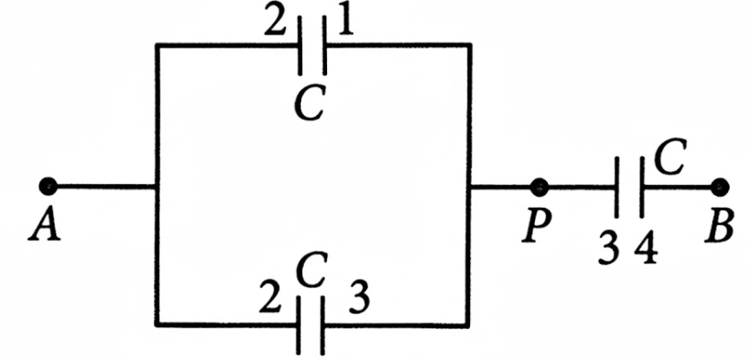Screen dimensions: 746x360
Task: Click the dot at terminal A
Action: (48, 186)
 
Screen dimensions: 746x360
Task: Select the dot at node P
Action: (539, 188)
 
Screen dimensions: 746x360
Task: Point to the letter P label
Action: (537, 226)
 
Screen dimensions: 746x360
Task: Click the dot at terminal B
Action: (720, 187)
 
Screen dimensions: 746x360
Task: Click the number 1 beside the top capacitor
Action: (346, 23)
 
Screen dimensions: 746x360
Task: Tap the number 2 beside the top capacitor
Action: (275, 23)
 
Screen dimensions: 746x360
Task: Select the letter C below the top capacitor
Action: (310, 104)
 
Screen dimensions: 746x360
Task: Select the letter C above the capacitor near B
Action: (670, 157)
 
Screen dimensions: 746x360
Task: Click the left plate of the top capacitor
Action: (300, 45)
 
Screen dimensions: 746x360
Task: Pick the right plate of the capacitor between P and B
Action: (642, 187)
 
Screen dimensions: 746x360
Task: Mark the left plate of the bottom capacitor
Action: (299, 325)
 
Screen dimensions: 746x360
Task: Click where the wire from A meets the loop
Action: (157, 187)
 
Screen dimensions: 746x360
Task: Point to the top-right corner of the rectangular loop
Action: (470, 45)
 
